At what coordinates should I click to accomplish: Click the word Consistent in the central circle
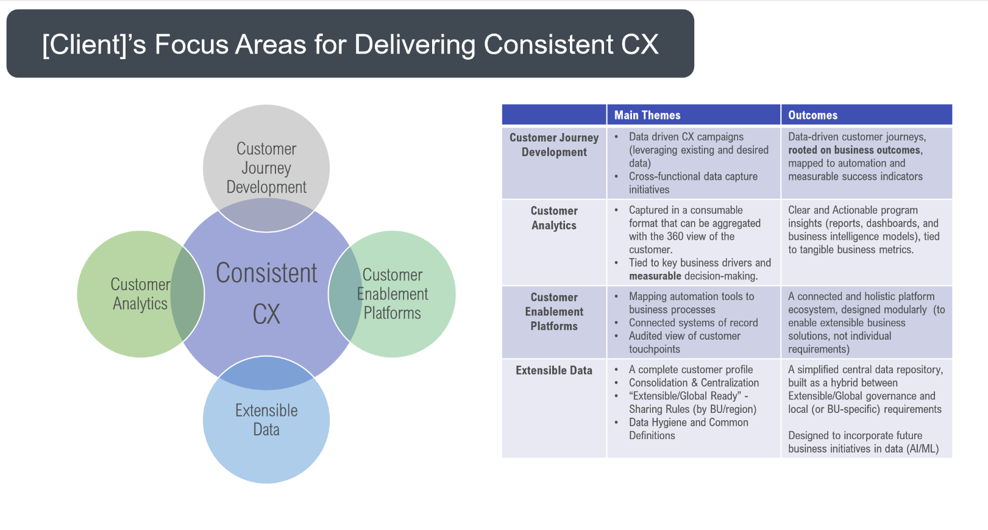266,273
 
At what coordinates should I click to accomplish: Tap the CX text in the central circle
266,314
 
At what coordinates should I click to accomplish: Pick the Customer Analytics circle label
140,294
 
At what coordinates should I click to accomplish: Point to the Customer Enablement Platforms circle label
393,294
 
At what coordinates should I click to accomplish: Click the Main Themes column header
647,115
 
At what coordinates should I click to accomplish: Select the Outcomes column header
812,115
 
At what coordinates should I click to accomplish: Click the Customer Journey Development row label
554,145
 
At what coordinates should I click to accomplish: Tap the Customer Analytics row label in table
554,218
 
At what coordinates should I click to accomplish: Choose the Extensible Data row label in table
554,370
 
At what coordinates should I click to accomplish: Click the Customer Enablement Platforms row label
554,312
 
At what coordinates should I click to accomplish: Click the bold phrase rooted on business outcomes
855,150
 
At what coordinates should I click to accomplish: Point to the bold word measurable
655,276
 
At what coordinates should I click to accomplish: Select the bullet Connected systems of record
693,323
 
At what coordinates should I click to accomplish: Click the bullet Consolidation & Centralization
694,383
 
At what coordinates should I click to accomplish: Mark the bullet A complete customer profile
691,370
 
